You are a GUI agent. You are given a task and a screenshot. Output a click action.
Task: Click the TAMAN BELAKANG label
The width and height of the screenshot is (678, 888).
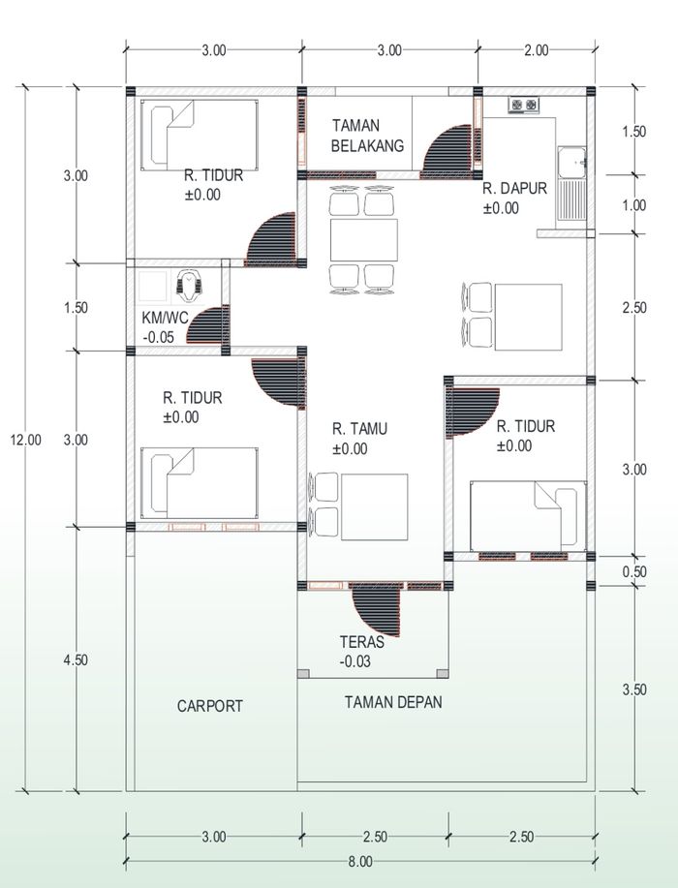pyautogui.click(x=368, y=136)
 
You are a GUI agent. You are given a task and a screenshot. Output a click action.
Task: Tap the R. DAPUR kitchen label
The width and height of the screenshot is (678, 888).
pyautogui.click(x=515, y=189)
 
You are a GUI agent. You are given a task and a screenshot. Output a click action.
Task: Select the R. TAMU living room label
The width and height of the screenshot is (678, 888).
pyautogui.click(x=359, y=429)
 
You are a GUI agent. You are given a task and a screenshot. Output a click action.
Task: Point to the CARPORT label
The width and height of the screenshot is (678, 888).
pyautogui.click(x=209, y=706)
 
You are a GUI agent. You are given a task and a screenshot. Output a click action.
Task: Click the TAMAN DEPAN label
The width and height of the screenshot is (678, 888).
pyautogui.click(x=393, y=702)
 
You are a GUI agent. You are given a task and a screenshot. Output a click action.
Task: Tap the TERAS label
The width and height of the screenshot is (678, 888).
pyautogui.click(x=362, y=642)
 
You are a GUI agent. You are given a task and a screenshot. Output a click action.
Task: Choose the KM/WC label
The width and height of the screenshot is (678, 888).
pyautogui.click(x=165, y=318)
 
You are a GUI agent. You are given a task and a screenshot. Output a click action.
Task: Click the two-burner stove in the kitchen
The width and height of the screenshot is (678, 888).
pyautogui.click(x=523, y=105)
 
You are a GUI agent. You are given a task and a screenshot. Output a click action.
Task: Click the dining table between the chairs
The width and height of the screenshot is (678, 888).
pyautogui.click(x=363, y=240)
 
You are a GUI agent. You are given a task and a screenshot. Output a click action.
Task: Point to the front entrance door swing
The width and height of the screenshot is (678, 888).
pyautogui.click(x=378, y=610)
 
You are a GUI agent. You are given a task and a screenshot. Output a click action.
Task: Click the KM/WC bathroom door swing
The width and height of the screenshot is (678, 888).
pyautogui.click(x=205, y=325)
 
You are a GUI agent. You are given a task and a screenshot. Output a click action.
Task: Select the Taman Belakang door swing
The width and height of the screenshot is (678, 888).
pyautogui.click(x=447, y=148)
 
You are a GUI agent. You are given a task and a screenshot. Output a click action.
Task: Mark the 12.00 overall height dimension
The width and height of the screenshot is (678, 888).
pyautogui.click(x=25, y=440)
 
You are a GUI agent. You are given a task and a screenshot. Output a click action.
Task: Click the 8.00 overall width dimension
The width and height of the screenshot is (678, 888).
pyautogui.click(x=359, y=862)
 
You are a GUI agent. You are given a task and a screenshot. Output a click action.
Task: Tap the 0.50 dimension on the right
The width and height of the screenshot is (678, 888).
pyautogui.click(x=634, y=571)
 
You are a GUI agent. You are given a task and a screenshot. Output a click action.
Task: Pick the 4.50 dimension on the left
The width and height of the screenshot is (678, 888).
pyautogui.click(x=76, y=659)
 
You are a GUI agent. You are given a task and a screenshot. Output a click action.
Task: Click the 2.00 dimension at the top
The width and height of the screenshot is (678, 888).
pyautogui.click(x=536, y=50)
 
